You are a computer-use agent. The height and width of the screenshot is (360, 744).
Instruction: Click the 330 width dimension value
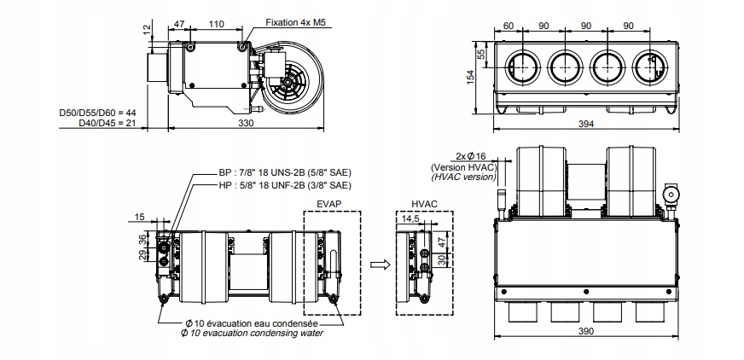(x=246, y=123)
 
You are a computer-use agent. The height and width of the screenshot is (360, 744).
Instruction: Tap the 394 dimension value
(x=586, y=124)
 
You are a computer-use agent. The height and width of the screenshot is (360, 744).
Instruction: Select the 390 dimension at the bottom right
(x=586, y=331)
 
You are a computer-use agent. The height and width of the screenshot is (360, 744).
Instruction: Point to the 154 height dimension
(x=470, y=78)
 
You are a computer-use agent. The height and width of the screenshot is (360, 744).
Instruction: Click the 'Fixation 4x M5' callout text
(x=296, y=22)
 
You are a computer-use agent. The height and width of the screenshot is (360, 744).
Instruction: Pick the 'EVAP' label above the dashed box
(x=329, y=204)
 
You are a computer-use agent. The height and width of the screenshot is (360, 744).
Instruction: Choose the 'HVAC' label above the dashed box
(x=424, y=204)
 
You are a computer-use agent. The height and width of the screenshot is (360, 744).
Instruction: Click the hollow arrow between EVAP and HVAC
(x=380, y=264)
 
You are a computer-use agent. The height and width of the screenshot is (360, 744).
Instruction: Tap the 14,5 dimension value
(x=410, y=218)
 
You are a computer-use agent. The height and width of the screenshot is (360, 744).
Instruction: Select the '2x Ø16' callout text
(x=471, y=156)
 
